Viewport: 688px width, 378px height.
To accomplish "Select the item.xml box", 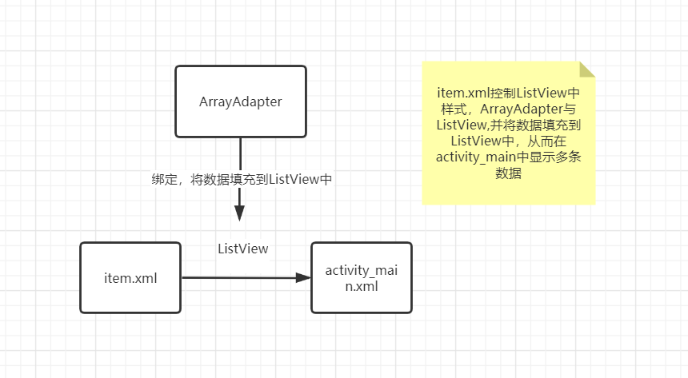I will (x=130, y=278).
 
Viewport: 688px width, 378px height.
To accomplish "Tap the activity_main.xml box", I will (x=361, y=278).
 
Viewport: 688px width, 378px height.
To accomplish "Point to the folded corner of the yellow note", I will (x=587, y=70).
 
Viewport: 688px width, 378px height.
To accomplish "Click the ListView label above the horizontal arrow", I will (x=243, y=249).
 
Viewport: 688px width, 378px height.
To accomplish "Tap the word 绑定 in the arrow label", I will (x=163, y=179).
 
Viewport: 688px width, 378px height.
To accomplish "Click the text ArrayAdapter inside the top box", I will (x=241, y=101).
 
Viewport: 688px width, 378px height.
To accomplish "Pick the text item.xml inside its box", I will (x=130, y=278).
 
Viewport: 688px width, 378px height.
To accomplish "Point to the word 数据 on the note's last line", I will (x=509, y=173).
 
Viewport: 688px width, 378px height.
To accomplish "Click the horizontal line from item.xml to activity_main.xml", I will (x=240, y=278).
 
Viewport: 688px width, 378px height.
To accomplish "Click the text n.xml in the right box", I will (x=361, y=285).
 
